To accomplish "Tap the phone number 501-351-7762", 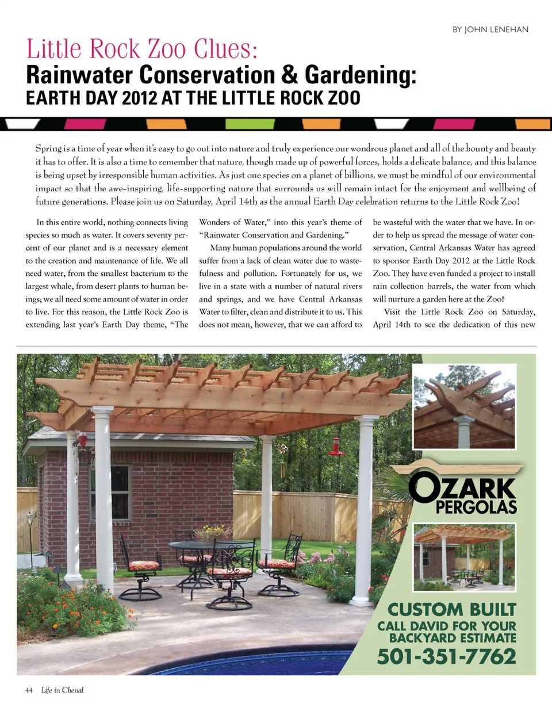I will tap(446, 656).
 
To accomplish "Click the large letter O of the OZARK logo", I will tap(422, 489).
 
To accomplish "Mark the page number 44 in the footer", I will tap(30, 690).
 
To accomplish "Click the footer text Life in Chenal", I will tap(62, 690).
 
